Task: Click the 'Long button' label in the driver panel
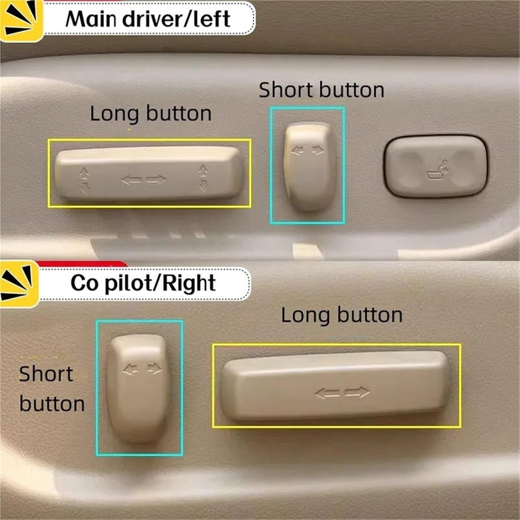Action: (x=151, y=114)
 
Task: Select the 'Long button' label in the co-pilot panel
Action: (x=341, y=316)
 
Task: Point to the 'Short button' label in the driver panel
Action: (x=321, y=90)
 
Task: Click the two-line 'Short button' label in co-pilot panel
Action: (x=52, y=389)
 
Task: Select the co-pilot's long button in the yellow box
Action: (x=335, y=386)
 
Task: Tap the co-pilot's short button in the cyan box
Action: (x=140, y=389)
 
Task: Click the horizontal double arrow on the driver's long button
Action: (x=144, y=179)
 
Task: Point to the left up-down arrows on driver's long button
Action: (x=84, y=180)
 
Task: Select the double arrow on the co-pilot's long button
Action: (x=342, y=392)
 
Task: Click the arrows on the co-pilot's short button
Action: (x=142, y=369)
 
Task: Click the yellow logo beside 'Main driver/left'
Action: (x=21, y=21)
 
